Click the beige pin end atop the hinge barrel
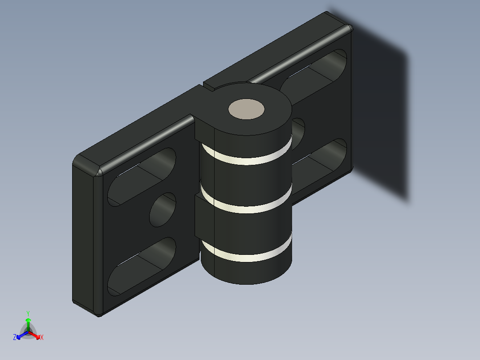tap(246, 109)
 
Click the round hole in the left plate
tap(163, 210)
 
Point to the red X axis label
tap(42, 338)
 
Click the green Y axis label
tap(28, 313)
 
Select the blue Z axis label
tap(15, 338)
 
